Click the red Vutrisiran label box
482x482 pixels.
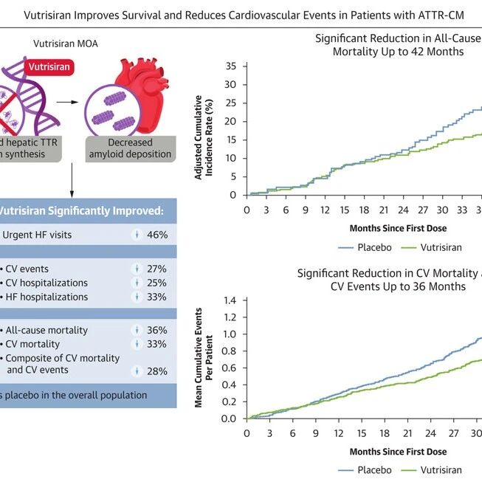[51, 66]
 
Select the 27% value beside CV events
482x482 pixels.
[157, 269]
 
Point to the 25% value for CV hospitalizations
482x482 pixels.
[157, 283]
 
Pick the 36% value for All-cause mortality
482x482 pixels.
[157, 331]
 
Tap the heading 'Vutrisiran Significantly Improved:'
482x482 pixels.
[81, 210]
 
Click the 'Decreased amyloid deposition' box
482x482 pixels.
[130, 148]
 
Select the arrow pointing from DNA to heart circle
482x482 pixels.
[69, 105]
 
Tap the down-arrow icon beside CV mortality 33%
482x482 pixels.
[137, 345]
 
